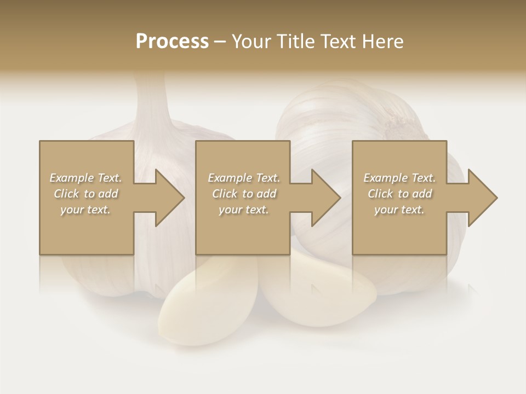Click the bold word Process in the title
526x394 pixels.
172,42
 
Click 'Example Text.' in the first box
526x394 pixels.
85,178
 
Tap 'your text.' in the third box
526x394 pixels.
399,210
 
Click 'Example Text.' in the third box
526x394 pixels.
399,178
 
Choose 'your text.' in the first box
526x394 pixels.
85,210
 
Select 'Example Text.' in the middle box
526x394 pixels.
244,178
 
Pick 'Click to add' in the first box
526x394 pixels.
85,194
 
